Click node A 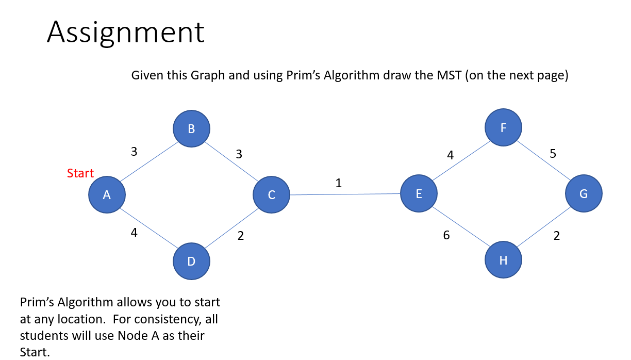pos(107,194)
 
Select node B pos(191,129)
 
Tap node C pos(271,195)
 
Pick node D pos(191,261)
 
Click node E pos(419,194)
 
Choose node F pos(503,127)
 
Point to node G pos(583,194)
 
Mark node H pos(503,260)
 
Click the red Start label pos(80,173)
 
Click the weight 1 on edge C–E pos(338,183)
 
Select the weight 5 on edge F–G pos(553,154)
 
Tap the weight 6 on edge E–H pos(446,236)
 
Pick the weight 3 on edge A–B pos(134,152)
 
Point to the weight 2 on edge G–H pos(556,236)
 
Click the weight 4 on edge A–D pos(134,233)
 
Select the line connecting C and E pos(345,194)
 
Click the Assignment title pos(125,32)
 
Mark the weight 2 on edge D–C pos(240,236)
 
